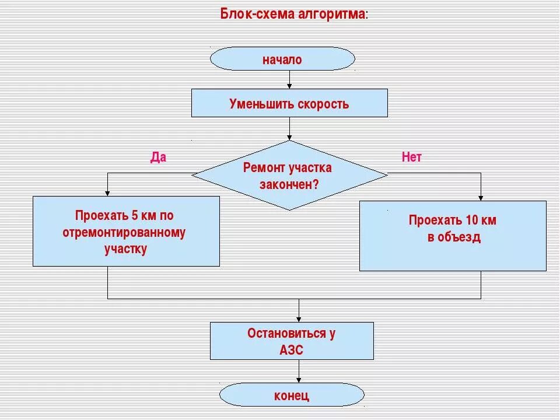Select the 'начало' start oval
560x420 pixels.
click(x=282, y=59)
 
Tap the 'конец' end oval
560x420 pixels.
click(x=292, y=395)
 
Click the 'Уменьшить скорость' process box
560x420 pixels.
click(x=289, y=103)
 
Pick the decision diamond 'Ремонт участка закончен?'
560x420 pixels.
click(x=289, y=175)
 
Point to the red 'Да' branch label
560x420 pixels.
click(x=158, y=157)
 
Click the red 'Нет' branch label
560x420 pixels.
click(x=411, y=157)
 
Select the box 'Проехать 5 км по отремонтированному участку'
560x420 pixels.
click(x=126, y=232)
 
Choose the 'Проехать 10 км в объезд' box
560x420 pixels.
click(x=453, y=236)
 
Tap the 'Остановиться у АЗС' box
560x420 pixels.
click(x=292, y=341)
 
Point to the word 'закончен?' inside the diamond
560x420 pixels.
click(x=289, y=184)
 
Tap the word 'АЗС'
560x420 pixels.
click(x=292, y=350)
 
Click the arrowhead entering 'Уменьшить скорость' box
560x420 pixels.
click(x=289, y=86)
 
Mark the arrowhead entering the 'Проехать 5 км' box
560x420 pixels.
click(x=107, y=193)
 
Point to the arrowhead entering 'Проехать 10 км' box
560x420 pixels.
click(x=481, y=198)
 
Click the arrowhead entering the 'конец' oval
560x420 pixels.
click(x=299, y=380)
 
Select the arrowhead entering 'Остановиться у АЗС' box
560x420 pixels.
click(x=299, y=319)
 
